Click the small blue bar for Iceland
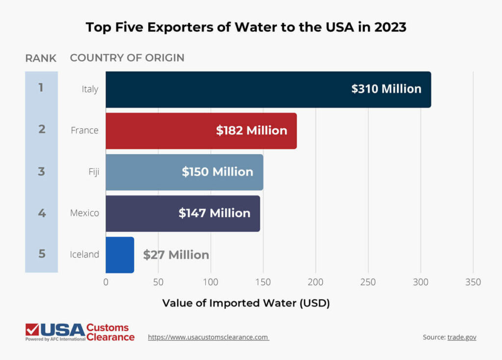pos(120,255)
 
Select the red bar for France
pos(201,131)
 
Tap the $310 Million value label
pos(386,89)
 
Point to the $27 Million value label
pos(176,255)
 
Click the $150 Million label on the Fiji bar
pos(217,172)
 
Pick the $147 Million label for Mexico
pos(214,213)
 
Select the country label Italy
pos(90,89)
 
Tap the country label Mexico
pos(84,213)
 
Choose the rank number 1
pos(41,88)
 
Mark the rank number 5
pos(42,254)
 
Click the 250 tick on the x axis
pos(368,283)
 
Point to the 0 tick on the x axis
pos(106,283)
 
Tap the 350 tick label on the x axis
pos(473,283)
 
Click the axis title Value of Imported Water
pos(246,303)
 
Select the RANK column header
pos(41,58)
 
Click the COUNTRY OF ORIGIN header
pos(127,58)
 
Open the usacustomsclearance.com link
pos(208,337)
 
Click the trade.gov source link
pos(462,337)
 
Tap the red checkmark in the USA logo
pos(32,329)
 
